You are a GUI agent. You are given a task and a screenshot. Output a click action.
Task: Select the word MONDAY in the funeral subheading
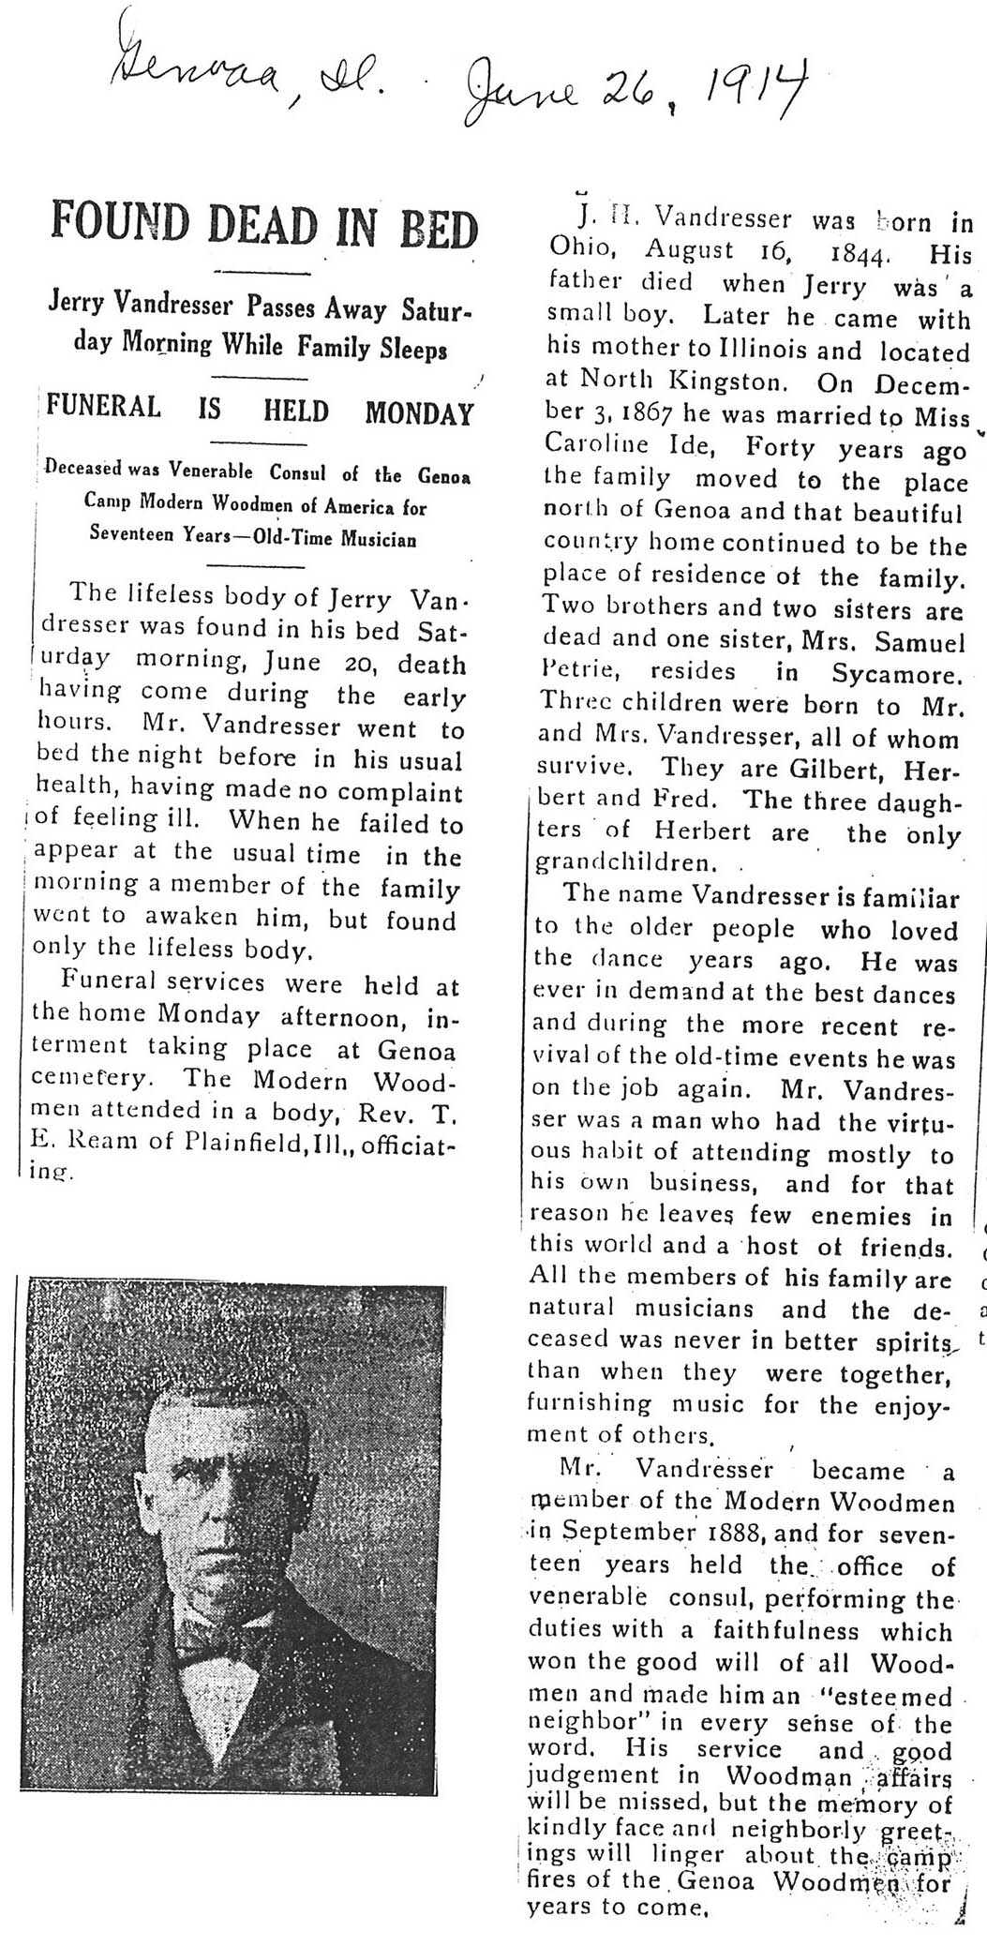point(419,412)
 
